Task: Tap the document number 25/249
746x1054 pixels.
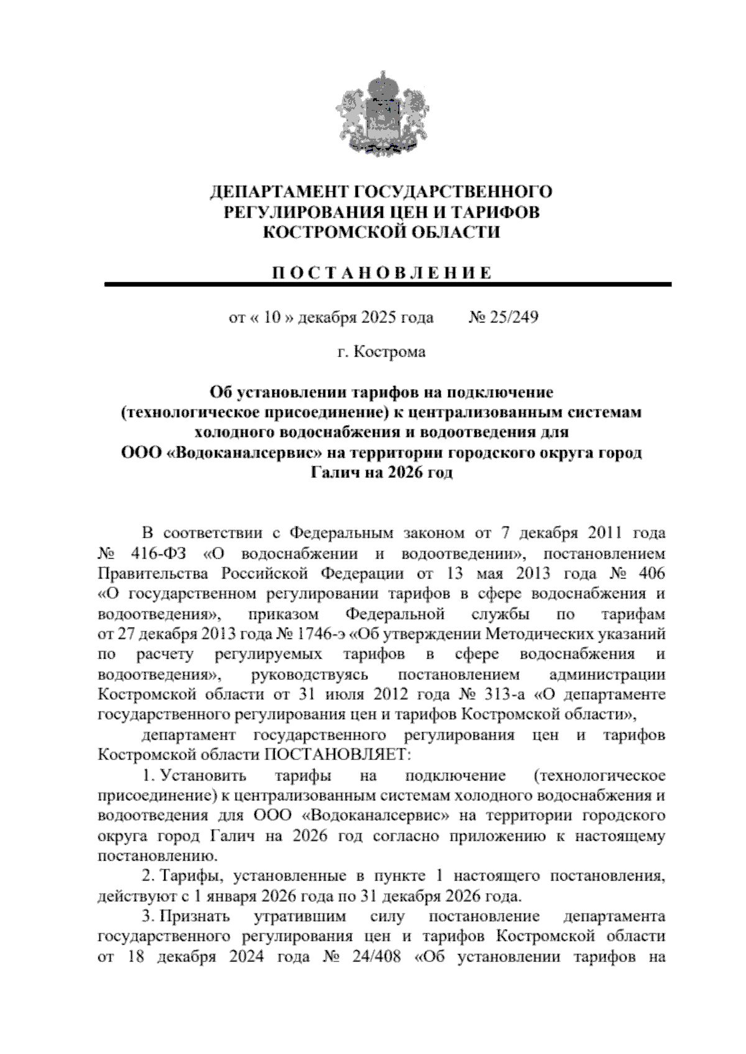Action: pyautogui.click(x=513, y=318)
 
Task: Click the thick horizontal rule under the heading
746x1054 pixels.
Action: pyautogui.click(x=388, y=285)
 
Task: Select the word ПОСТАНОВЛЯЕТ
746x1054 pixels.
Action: pyautogui.click(x=338, y=756)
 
